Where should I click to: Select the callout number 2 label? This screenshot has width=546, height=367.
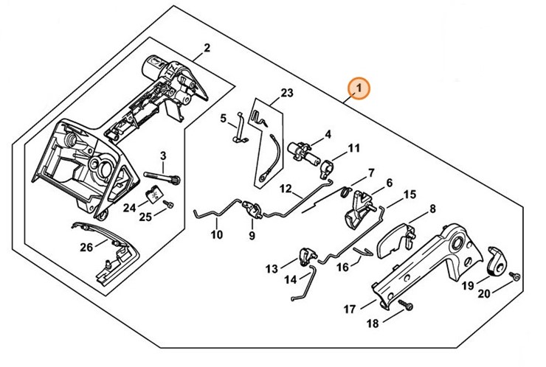point(207,49)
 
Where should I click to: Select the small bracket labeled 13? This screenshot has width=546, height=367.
point(305,256)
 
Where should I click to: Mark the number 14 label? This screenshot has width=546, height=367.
point(290,279)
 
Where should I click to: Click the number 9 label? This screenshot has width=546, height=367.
point(252,236)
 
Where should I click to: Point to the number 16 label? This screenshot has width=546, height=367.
point(343,268)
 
